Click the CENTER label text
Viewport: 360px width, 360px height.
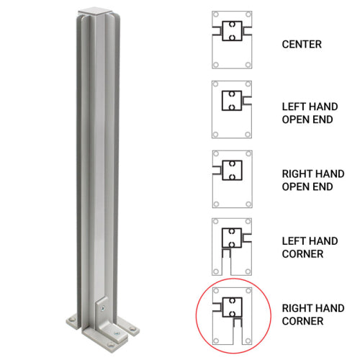[x=302, y=45]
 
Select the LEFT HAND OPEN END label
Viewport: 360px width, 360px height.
[x=307, y=112]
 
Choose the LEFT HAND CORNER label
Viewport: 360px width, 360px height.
[x=307, y=247]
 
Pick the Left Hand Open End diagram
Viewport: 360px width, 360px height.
[x=232, y=109]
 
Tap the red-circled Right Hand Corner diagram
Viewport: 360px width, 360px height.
[x=232, y=315]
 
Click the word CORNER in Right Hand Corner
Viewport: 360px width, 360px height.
[x=302, y=321]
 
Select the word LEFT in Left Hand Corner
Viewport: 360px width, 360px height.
[x=292, y=240]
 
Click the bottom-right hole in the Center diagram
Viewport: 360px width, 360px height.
[x=248, y=65]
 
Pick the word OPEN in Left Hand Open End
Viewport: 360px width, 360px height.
[x=295, y=120]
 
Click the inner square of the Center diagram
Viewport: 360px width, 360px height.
[x=232, y=32]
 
